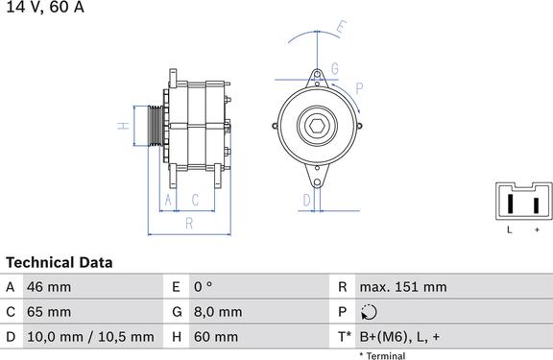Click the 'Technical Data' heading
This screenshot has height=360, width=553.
tap(60, 262)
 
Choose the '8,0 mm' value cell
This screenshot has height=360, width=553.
tap(217, 312)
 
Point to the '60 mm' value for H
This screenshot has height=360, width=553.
tap(215, 337)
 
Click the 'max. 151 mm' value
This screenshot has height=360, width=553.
tap(402, 287)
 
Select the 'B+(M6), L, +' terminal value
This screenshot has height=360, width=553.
tap(400, 337)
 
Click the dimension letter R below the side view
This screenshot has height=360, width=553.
tap(189, 224)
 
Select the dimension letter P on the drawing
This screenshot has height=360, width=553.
tap(358, 87)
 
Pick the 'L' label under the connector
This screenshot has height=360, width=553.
tap(510, 230)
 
